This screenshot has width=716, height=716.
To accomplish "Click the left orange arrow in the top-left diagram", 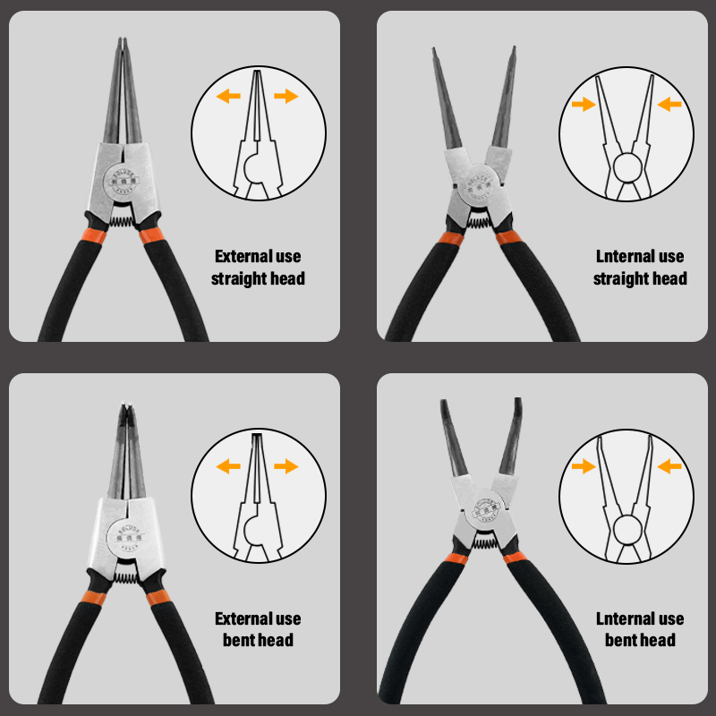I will (x=229, y=96).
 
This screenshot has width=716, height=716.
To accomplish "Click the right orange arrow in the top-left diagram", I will (x=286, y=96).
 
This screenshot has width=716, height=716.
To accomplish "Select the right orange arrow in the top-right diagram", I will (x=669, y=105).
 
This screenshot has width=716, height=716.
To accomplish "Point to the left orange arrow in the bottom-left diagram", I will (x=229, y=465).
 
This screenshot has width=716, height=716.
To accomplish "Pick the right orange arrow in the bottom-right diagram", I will (x=669, y=465).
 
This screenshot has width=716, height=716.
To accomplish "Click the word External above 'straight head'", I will (x=239, y=257).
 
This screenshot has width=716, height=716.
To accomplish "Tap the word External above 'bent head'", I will (x=239, y=618).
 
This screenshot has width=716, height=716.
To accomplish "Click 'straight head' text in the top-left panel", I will (x=258, y=279).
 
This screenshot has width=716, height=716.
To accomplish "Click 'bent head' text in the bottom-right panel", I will (x=640, y=640).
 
